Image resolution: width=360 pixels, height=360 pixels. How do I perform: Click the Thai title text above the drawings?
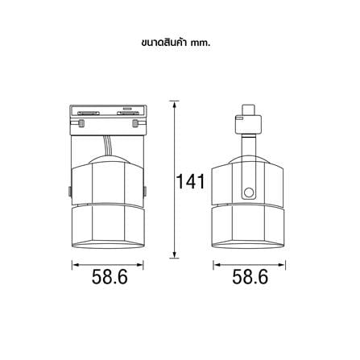coord(176,43)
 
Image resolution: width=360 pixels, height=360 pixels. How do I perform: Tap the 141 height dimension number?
coord(190,182)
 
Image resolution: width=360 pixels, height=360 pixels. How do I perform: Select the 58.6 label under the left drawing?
coord(110,277)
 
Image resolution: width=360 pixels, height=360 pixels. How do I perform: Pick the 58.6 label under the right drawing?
coord(250,277)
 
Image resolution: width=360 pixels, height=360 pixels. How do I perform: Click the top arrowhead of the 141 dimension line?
coord(174,105)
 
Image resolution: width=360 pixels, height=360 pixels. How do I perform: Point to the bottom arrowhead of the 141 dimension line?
coord(174,254)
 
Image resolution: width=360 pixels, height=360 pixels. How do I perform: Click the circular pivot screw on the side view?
coord(248,192)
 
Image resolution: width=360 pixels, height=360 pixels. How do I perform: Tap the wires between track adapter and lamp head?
coord(108,146)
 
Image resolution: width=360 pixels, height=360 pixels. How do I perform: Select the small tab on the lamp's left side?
coord(70,191)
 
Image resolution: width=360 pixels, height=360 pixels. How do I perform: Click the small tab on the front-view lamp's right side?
coord(145,191)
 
